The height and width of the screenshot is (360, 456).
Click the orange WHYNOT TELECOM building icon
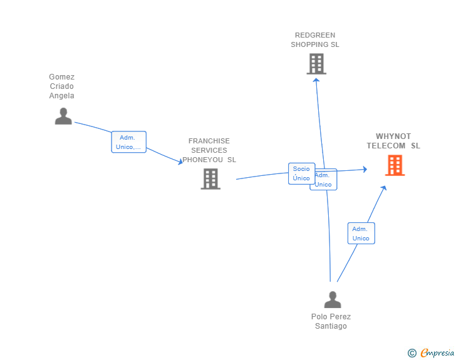(395, 165)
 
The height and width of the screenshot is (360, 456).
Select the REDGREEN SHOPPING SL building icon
(316, 64)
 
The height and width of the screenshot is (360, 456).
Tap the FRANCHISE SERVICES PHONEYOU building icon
(210, 179)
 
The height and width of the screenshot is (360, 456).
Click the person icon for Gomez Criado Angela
(63, 116)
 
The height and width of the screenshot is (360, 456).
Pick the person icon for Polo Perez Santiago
(333, 299)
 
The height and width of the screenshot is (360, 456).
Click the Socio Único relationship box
(301, 173)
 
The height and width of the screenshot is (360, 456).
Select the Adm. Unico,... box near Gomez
(129, 142)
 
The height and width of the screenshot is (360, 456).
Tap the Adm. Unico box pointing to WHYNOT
(361, 233)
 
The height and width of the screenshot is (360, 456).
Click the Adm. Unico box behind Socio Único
(326, 180)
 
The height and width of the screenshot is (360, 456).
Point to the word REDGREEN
(315, 35)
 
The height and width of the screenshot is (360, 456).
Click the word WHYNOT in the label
(393, 136)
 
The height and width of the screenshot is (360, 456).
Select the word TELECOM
(386, 146)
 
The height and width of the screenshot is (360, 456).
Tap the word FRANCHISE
(209, 141)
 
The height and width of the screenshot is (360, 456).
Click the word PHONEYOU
(203, 160)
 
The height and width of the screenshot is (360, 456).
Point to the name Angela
(61, 96)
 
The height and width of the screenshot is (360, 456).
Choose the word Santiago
(331, 326)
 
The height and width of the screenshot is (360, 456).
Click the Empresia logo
(437, 353)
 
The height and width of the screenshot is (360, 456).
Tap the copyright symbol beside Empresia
(412, 353)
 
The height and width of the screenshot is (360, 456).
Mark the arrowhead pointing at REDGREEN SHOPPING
(316, 80)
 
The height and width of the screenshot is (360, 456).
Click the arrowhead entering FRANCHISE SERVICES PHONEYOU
(180, 162)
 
